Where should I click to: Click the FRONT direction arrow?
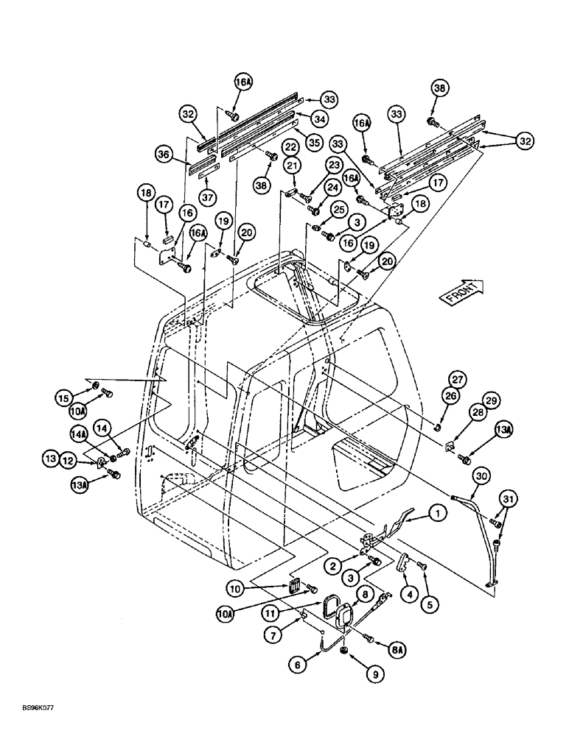pyautogui.click(x=458, y=289)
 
